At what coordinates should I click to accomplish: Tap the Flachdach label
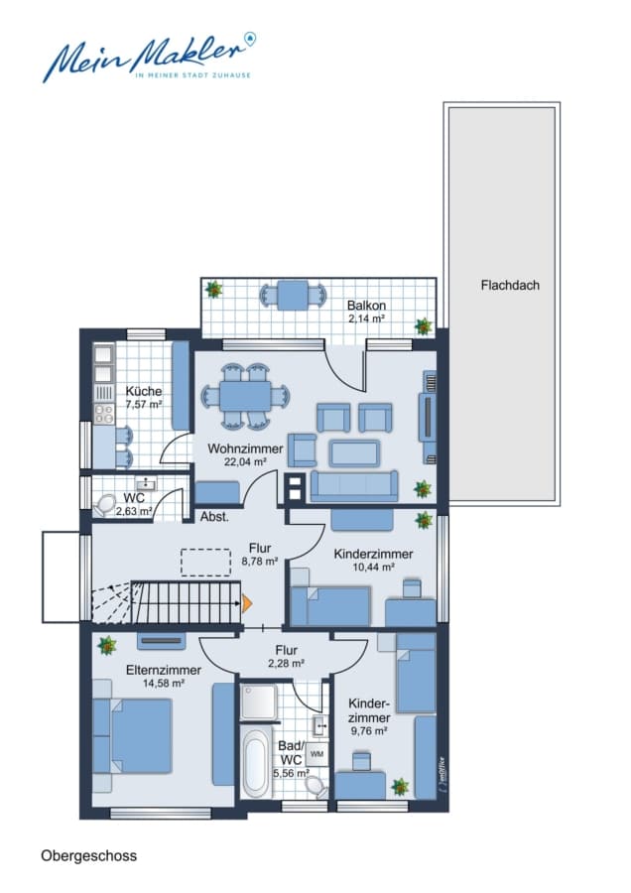click(510, 286)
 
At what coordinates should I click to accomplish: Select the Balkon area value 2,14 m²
click(366, 319)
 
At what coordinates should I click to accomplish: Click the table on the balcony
click(294, 295)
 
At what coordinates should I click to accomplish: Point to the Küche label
click(144, 391)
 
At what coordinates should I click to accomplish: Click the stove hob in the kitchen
click(104, 414)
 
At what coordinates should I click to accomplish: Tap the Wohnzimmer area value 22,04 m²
click(245, 461)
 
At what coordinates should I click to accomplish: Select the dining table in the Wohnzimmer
click(245, 396)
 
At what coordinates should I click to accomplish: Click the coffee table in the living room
click(354, 453)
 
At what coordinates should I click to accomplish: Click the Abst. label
click(214, 517)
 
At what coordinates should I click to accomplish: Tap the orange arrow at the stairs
click(247, 603)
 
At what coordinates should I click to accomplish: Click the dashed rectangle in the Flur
click(206, 563)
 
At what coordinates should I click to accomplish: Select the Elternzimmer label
click(164, 671)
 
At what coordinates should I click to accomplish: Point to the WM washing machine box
click(316, 754)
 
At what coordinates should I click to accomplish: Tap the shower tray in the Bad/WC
click(259, 702)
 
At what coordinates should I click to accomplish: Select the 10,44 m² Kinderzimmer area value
click(374, 568)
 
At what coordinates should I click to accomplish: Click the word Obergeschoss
click(89, 856)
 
